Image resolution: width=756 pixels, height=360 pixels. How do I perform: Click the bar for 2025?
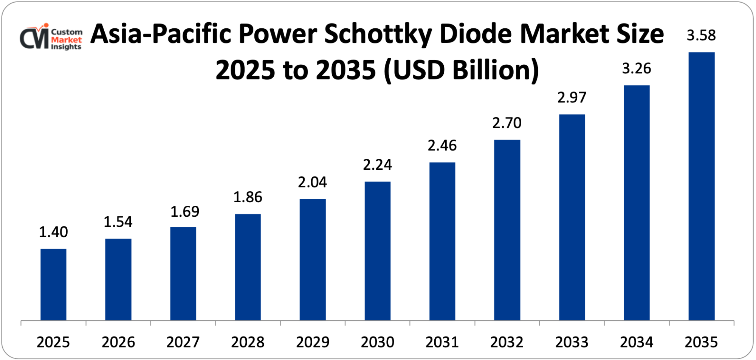coord(53,284)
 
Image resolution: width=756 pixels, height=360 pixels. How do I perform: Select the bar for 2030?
coord(378,251)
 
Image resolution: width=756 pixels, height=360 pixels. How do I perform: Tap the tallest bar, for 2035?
coord(702,186)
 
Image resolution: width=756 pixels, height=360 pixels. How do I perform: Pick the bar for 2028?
coord(248,267)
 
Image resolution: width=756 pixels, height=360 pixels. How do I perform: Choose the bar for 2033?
coord(572,217)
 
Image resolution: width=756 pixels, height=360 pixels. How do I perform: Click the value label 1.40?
coord(53,232)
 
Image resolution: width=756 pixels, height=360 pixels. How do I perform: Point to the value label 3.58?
coord(701,35)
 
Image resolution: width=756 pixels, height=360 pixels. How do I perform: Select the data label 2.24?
coord(377,164)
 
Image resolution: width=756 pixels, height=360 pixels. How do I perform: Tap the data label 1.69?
coord(185,211)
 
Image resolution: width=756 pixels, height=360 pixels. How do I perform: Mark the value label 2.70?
coord(507,123)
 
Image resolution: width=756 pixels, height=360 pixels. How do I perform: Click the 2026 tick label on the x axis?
coord(118,342)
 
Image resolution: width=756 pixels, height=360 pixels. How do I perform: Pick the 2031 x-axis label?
coord(442,342)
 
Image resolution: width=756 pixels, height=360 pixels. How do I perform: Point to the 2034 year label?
coord(637,342)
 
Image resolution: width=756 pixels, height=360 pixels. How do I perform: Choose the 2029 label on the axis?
coord(313,342)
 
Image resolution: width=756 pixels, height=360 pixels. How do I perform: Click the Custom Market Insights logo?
coord(51,37)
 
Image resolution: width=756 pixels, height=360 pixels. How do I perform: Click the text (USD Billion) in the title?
coord(461,70)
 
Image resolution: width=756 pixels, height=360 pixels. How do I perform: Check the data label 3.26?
coord(637,68)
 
